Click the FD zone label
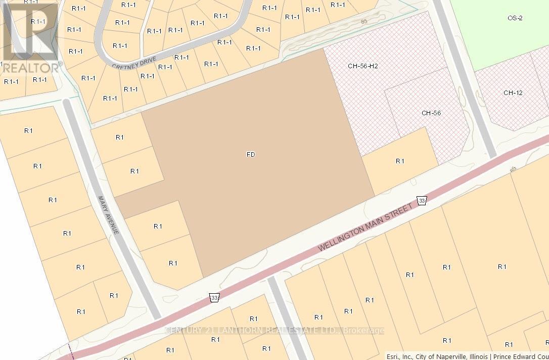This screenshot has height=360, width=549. tap(251, 154)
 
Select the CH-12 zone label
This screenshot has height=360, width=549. tap(513, 93)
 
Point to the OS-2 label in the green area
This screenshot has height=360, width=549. tap(515, 18)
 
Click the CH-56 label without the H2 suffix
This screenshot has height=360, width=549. tap(431, 113)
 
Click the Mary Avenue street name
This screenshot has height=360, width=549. tap(109, 215)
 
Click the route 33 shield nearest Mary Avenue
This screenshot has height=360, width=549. tap(214, 298)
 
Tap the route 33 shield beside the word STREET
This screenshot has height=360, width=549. tap(422, 201)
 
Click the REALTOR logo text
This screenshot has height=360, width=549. tap(30, 67)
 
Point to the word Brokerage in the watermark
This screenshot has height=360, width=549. tap(363, 331)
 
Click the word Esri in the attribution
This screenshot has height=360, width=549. tap(393, 356)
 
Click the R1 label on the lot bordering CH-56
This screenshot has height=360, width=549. tap(400, 161)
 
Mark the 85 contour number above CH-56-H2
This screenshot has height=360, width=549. tap(364, 22)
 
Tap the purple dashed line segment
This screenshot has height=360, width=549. tap(70, 352)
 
